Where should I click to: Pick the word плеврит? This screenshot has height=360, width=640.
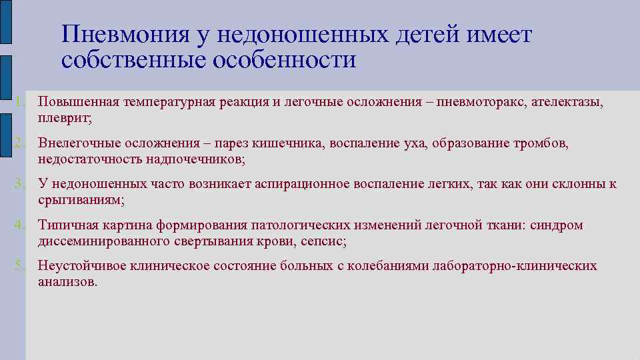tap(65, 119)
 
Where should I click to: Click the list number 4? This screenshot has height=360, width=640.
tap(21, 226)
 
